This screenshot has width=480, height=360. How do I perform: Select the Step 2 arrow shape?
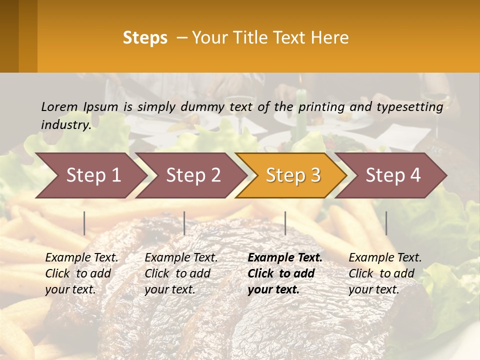pos(193,175)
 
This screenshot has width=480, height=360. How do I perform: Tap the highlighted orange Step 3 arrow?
pos(293,175)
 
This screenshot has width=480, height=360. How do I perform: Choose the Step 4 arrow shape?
pos(393,175)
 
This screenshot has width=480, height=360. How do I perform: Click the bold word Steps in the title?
pos(145,38)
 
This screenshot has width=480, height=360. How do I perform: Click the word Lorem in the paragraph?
pos(59,107)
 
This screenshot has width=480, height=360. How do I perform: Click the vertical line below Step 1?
pos(84,223)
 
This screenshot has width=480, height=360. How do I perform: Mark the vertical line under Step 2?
pos(184,223)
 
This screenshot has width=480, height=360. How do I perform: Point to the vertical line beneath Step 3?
pos(285,223)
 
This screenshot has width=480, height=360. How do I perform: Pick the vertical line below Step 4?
pos(386,223)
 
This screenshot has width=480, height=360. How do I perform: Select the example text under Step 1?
pos(81,273)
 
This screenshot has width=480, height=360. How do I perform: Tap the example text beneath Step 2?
pos(181,273)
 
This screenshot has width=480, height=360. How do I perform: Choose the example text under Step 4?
pos(385,273)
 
